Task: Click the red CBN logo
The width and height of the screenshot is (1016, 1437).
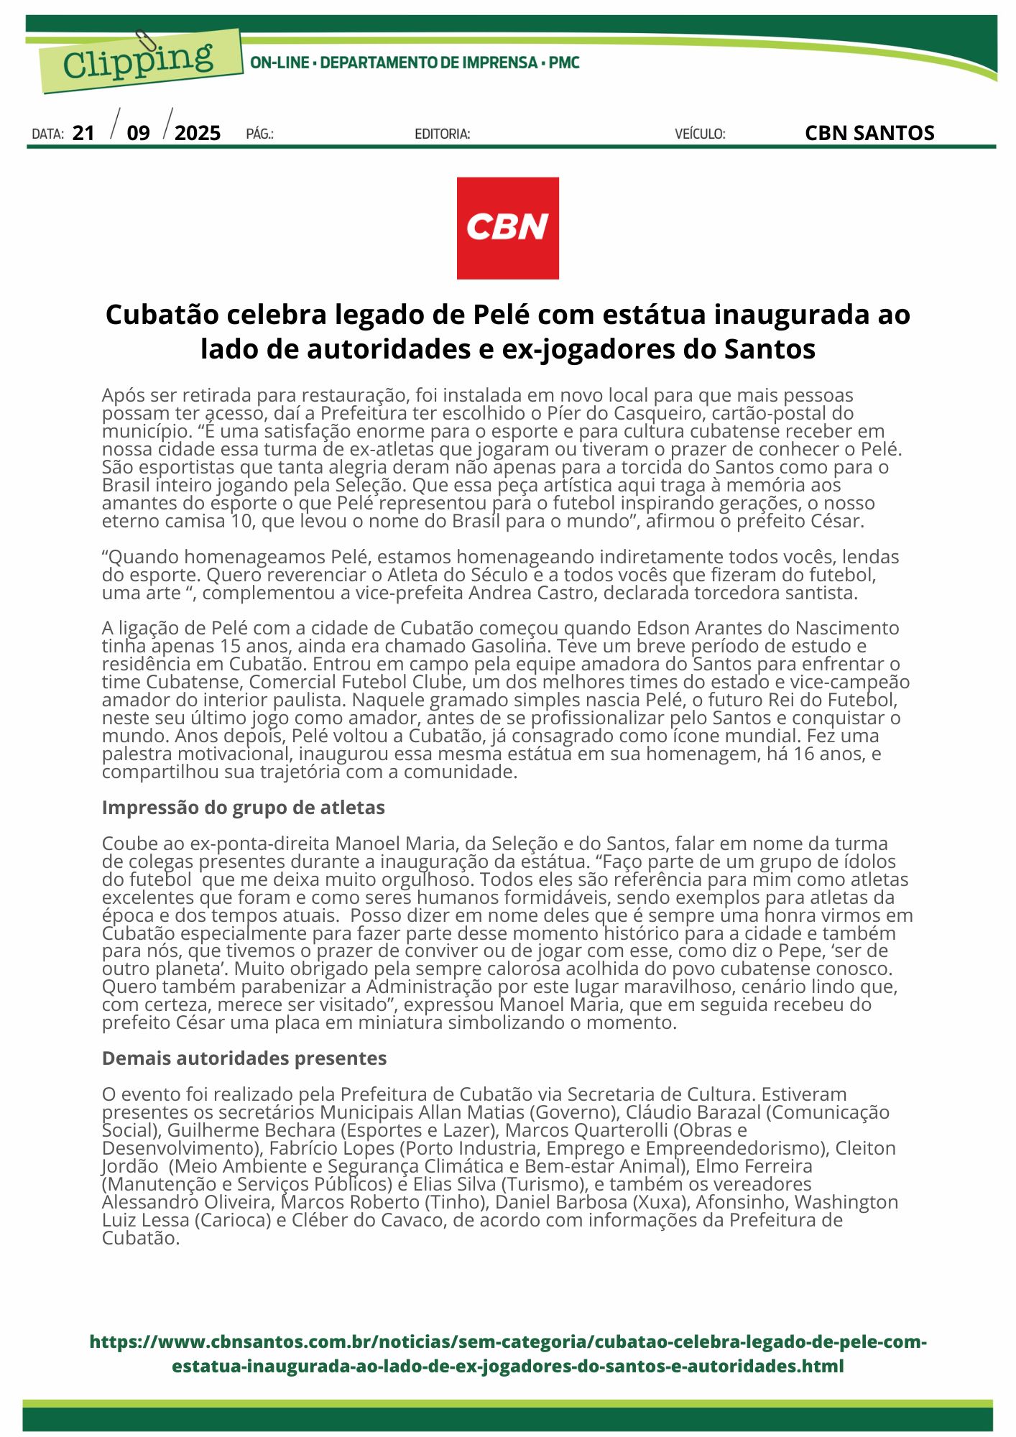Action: pos(507,228)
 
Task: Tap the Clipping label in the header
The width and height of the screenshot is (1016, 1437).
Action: pos(138,61)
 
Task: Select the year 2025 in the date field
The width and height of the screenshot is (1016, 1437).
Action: pos(198,133)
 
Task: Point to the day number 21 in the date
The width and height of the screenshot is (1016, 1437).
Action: pos(83,133)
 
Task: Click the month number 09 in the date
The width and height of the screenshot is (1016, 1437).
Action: pos(138,133)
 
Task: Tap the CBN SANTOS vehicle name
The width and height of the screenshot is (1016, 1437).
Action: pos(869,133)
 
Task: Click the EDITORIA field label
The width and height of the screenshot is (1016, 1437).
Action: pos(442,134)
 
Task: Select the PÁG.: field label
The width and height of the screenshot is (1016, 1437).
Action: pos(259,134)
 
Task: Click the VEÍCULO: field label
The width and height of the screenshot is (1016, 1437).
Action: pos(700,134)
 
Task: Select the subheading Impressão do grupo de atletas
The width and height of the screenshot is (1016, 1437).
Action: pos(243,808)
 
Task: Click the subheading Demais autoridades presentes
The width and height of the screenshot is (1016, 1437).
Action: pos(244,1058)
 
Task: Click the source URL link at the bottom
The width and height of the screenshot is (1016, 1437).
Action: pos(507,1354)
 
